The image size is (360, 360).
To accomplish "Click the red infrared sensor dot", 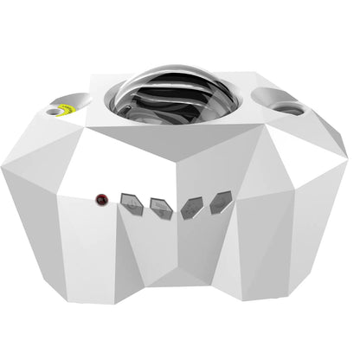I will pyautogui.click(x=102, y=200).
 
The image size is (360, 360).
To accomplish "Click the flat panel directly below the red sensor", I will pyautogui.click(x=91, y=251).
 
